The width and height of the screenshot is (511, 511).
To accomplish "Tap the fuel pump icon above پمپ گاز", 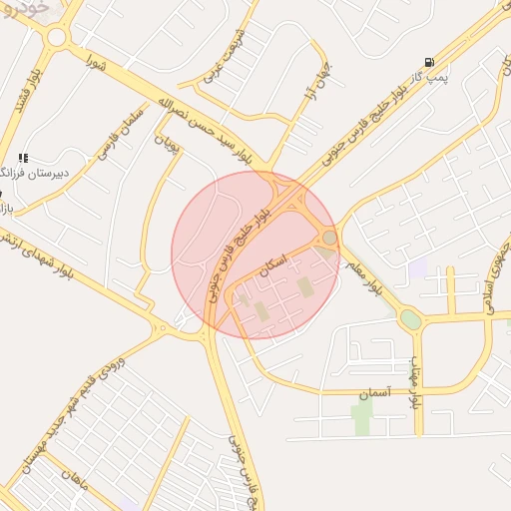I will (x=429, y=61).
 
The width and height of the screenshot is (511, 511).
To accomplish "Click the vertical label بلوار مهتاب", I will (x=411, y=371).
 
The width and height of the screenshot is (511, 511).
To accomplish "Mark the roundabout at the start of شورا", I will (x=56, y=38).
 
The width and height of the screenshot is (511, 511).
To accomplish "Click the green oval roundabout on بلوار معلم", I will (x=410, y=319).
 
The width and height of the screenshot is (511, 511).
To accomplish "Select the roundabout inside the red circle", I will (x=329, y=238).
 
